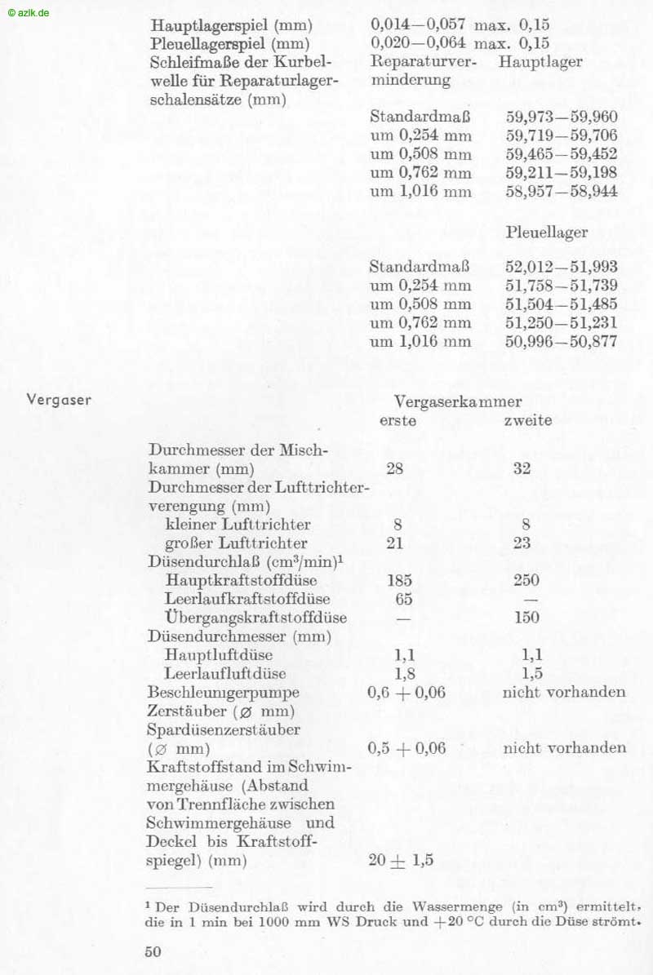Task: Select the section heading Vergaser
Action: pyautogui.click(x=59, y=400)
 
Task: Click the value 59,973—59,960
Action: pyautogui.click(x=562, y=117)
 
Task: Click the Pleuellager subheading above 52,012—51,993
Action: pyautogui.click(x=546, y=233)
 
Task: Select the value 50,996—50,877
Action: pyautogui.click(x=562, y=342)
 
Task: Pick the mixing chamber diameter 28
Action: pyautogui.click(x=394, y=469)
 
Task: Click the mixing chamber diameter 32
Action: pyautogui.click(x=522, y=469)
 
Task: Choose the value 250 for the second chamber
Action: pyautogui.click(x=526, y=580)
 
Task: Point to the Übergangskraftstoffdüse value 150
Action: pyautogui.click(x=526, y=617)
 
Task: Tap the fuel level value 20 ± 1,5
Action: pyautogui.click(x=400, y=861)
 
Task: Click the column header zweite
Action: pyautogui.click(x=527, y=421)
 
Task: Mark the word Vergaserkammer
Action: pyautogui.click(x=458, y=401)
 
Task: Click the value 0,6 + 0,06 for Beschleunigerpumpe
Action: pyautogui.click(x=407, y=693)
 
